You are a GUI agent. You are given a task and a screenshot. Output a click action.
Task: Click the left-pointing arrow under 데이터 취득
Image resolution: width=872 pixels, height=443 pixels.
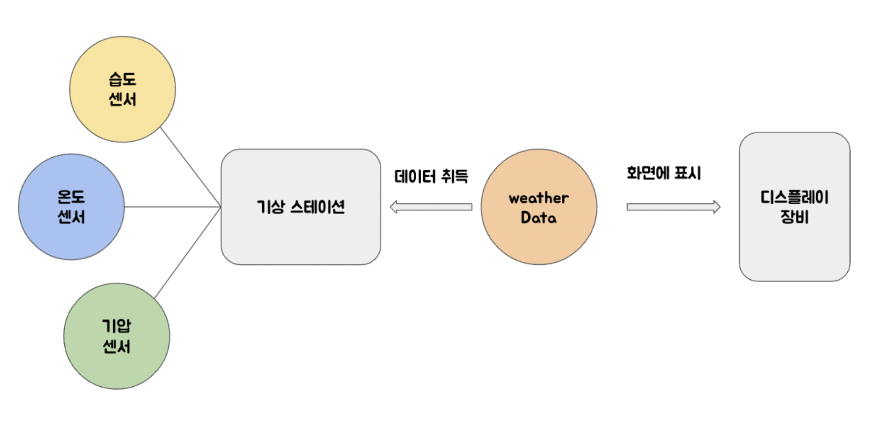click(431, 207)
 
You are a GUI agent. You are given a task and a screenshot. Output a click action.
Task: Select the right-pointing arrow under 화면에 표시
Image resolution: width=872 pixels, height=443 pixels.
click(673, 207)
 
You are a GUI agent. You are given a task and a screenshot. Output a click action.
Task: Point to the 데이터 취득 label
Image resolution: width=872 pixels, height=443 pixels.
click(431, 176)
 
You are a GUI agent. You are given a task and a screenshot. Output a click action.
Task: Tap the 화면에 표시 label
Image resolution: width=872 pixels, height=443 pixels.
click(664, 173)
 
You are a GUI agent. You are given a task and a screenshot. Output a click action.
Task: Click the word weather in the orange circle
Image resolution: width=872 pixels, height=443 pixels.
click(539, 198)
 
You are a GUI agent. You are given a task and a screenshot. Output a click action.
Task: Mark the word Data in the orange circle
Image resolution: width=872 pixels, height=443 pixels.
click(538, 218)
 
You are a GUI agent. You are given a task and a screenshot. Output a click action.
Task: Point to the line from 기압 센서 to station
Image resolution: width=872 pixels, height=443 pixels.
click(188, 253)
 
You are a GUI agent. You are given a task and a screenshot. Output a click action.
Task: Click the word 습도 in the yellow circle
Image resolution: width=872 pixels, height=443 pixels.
click(122, 79)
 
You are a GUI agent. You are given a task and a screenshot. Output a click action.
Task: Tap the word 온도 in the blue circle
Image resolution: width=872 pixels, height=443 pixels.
click(71, 197)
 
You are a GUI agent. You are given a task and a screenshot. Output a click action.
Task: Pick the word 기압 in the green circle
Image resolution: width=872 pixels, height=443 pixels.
click(117, 326)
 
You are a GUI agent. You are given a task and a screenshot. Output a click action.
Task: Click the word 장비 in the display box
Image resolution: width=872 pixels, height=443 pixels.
click(794, 217)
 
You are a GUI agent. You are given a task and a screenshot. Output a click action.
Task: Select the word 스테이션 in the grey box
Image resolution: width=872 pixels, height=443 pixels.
click(317, 207)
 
